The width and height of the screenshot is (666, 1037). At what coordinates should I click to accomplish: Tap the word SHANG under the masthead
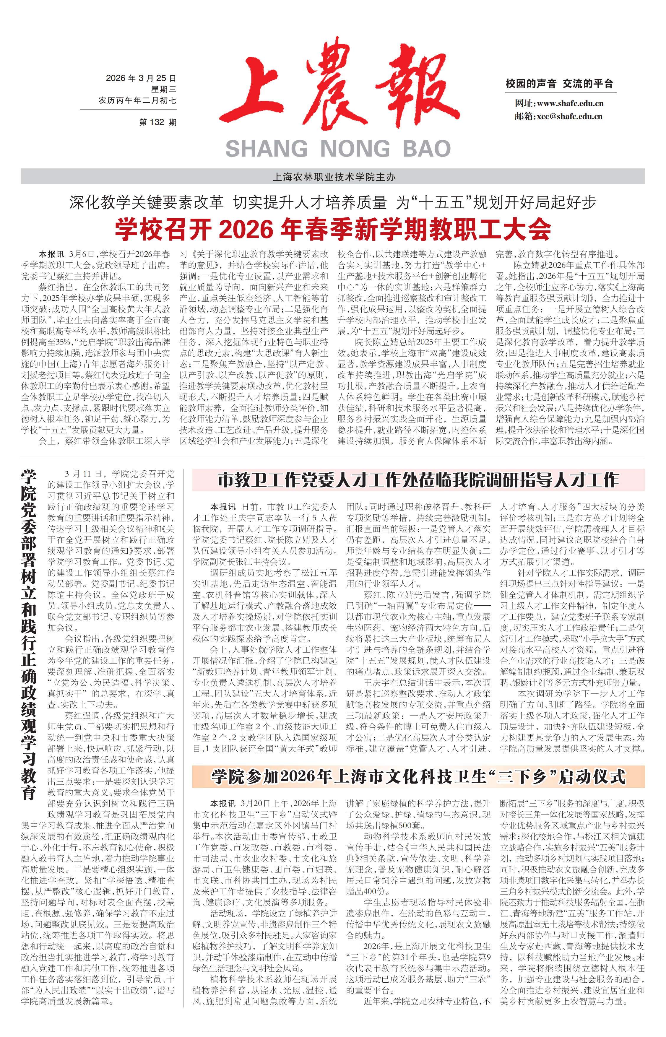point(267,149)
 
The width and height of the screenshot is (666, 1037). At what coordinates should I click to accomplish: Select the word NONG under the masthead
point(355,149)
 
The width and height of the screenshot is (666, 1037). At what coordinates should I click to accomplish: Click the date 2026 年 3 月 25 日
point(141,78)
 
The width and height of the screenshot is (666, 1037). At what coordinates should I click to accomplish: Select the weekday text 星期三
point(163,90)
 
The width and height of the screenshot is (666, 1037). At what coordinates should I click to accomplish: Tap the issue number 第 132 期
point(158,122)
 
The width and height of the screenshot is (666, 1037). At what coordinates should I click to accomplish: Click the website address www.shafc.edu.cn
point(570,103)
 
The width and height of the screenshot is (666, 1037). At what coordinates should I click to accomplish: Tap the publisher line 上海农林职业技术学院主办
point(333,177)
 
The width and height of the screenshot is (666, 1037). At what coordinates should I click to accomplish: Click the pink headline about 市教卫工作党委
point(418,480)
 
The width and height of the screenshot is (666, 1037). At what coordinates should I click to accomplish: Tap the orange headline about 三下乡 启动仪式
point(418,776)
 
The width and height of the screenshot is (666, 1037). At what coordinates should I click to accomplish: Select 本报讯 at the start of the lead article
point(51,254)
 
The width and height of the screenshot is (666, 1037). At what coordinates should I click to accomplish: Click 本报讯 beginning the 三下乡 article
point(223,804)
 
